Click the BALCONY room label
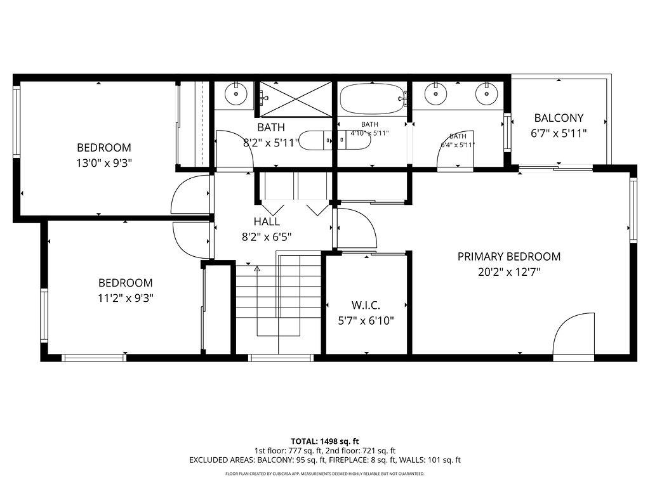pyautogui.click(x=559, y=118)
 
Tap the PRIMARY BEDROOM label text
pyautogui.click(x=509, y=257)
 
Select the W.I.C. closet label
pyautogui.click(x=366, y=306)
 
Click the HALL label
pyautogui.click(x=267, y=222)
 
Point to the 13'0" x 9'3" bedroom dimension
pyautogui.click(x=104, y=163)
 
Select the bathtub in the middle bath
pyautogui.click(x=372, y=99)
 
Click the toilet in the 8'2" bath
pyautogui.click(x=316, y=140)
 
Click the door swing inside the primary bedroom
pyautogui.click(x=575, y=336)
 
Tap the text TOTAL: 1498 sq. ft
pyautogui.click(x=325, y=441)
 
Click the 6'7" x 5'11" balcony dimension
pyautogui.click(x=559, y=133)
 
